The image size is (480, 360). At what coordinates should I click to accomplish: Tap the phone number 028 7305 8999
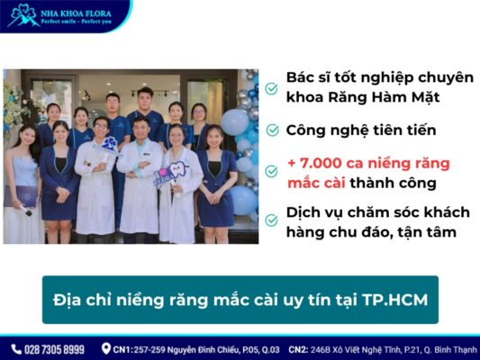click(x=54, y=349)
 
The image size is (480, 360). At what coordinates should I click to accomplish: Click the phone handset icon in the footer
click(x=15, y=349)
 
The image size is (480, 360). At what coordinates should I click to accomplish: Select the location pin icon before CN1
click(x=106, y=349)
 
